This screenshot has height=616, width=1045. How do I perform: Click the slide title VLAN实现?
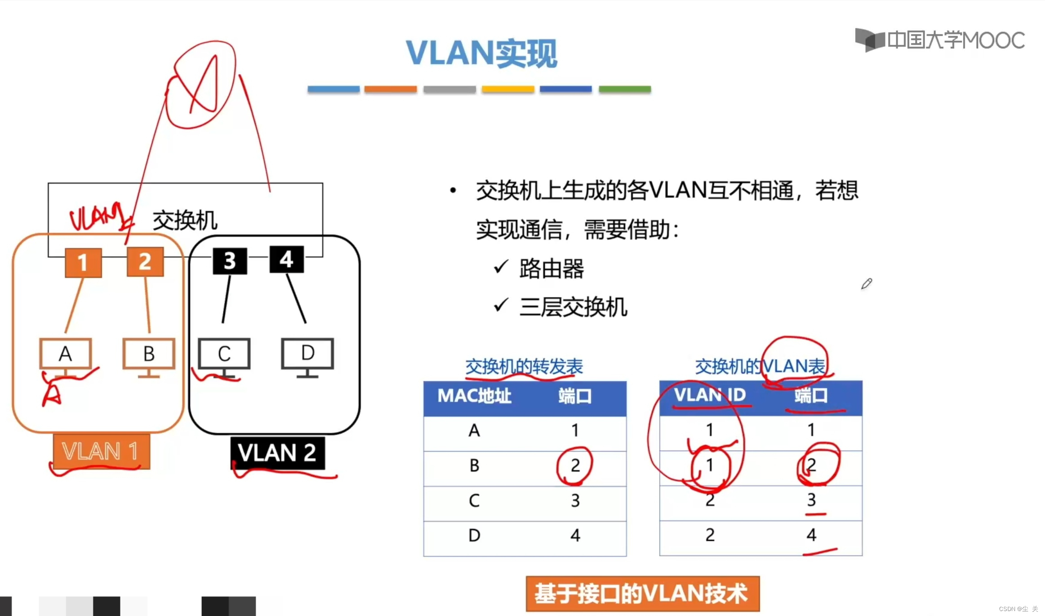click(x=481, y=53)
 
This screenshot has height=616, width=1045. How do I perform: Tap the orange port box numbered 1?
click(x=83, y=262)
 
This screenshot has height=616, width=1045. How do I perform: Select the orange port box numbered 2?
click(x=145, y=261)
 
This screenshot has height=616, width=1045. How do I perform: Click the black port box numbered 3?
click(x=230, y=261)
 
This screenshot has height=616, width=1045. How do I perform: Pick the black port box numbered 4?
click(x=286, y=259)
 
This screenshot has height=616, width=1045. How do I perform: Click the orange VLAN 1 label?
click(x=101, y=451)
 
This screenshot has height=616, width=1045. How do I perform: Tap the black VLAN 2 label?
click(x=277, y=452)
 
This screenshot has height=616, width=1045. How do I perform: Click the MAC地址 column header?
click(x=475, y=396)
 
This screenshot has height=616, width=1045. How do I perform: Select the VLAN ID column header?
click(x=710, y=395)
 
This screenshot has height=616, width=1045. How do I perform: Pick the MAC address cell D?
click(x=474, y=536)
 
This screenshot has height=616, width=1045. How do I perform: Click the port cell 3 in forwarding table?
click(x=575, y=501)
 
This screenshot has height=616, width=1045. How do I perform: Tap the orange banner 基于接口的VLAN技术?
click(x=642, y=594)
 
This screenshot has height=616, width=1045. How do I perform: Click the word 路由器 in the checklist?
click(x=551, y=269)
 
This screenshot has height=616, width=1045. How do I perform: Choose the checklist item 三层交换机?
click(x=573, y=308)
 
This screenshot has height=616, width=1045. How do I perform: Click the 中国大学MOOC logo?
click(x=940, y=40)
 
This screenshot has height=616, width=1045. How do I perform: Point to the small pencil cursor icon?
click(x=866, y=284)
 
